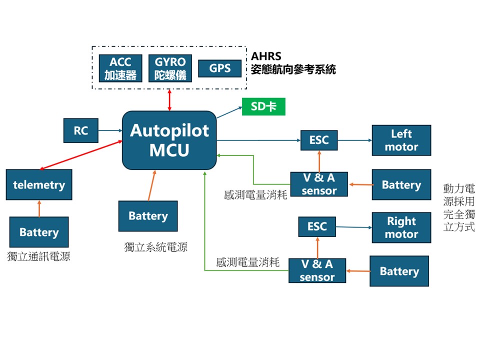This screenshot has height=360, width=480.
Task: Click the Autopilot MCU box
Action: (x=169, y=140)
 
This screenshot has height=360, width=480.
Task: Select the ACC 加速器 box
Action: (x=120, y=68)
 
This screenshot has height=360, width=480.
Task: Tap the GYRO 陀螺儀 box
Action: (x=170, y=68)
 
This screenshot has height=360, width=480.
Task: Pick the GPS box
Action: (x=219, y=68)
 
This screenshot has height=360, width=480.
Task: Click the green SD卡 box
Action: (x=263, y=106)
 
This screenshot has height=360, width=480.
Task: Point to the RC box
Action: (x=81, y=130)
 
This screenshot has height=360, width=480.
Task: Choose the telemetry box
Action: (x=39, y=184)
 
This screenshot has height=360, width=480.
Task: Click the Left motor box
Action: (x=401, y=140)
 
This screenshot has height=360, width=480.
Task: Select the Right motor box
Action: (x=401, y=227)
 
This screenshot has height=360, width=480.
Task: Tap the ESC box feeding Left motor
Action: (x=319, y=140)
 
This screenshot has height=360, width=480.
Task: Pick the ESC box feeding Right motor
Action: (x=316, y=227)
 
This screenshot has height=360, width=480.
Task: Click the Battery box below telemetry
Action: (x=39, y=232)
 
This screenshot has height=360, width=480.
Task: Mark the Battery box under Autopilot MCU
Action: (x=148, y=216)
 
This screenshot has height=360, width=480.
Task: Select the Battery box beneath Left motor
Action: (x=401, y=184)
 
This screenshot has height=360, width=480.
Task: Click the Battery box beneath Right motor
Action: (x=399, y=271)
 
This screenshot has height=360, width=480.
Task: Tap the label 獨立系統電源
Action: (x=155, y=246)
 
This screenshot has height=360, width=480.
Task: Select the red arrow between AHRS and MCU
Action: (x=170, y=100)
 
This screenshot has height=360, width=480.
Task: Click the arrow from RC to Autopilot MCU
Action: (x=110, y=130)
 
